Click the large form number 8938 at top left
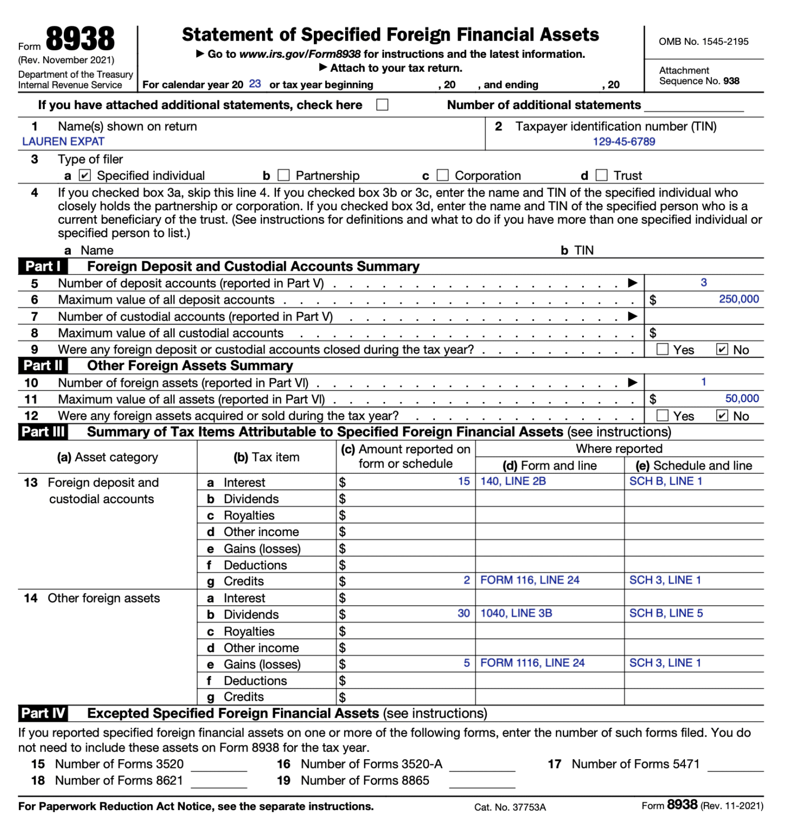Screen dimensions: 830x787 point(80,39)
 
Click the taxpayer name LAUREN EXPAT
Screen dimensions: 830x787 point(63,142)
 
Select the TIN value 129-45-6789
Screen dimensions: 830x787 point(624,142)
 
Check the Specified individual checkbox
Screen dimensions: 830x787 point(85,175)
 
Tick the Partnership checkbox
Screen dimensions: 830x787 point(284,175)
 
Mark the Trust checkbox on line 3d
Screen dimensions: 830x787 point(601,175)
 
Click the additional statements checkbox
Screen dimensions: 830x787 point(382,104)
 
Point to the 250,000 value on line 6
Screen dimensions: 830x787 point(738,299)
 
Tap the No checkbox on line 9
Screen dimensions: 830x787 point(722,349)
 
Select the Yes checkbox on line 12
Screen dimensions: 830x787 point(662,416)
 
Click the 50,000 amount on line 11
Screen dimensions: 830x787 point(742,398)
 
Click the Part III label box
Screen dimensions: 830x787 point(43,432)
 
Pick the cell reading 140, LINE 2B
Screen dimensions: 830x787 point(513,481)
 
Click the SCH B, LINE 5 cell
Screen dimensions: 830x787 point(666,613)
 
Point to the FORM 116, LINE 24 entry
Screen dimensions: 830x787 point(530,580)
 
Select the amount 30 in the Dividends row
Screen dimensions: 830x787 point(463,613)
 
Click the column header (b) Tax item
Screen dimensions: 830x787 point(266,457)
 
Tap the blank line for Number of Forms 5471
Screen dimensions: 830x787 point(735,765)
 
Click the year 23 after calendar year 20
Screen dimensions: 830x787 point(255,84)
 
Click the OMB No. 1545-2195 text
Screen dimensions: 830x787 point(703,42)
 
